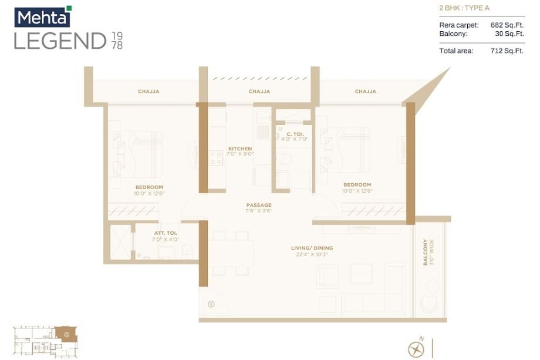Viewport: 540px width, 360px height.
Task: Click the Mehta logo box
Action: point(42,17)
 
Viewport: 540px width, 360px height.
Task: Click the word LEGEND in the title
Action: point(60,41)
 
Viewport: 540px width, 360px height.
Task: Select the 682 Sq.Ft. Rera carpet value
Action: point(507,25)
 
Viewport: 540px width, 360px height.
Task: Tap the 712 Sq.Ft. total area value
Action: point(507,51)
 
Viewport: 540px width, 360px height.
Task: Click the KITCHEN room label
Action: point(240,149)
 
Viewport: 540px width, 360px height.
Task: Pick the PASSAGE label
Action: point(259,205)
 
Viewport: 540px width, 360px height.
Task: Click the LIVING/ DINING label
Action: point(312,248)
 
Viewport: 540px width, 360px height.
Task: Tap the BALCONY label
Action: point(426,253)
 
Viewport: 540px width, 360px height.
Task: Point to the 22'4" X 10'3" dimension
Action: point(312,254)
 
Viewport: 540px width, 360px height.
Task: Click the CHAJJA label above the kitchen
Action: point(259,92)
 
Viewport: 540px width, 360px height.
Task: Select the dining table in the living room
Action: point(231,253)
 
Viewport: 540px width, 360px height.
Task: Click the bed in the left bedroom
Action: point(141,154)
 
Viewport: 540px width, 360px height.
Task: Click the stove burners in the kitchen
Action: point(215,157)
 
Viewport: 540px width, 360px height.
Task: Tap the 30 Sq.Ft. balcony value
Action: point(509,33)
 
